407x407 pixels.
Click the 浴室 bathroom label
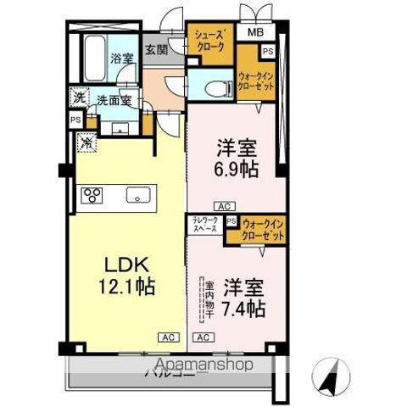point(121,59)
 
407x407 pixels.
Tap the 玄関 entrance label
point(155,50)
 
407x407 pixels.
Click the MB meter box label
point(255,33)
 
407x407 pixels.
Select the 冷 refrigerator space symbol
point(86,142)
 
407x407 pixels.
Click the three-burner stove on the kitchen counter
point(91,196)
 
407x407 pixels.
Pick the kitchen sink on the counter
point(137,196)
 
